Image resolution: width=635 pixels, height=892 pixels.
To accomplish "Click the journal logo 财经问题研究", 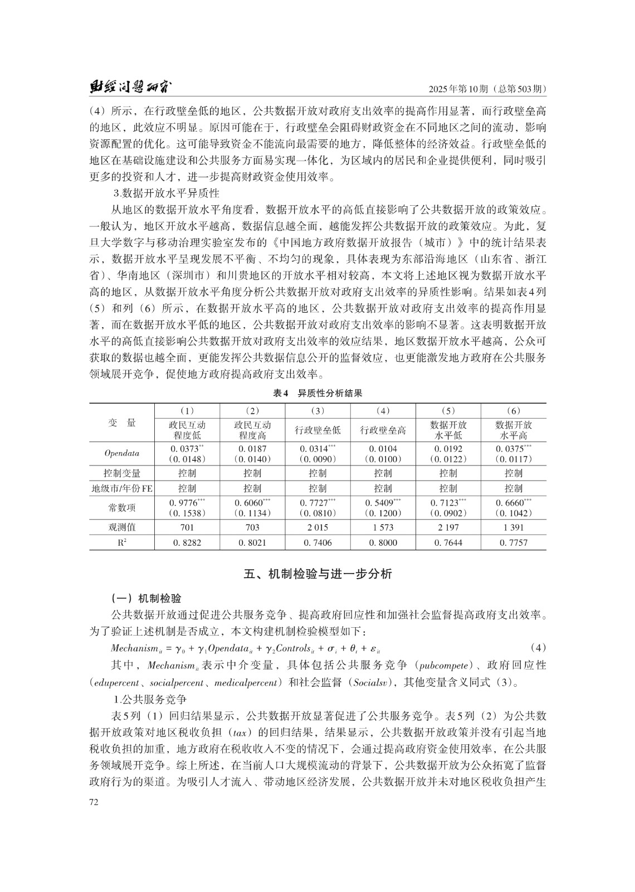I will (130, 88).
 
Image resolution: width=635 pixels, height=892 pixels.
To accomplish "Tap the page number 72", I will (94, 802).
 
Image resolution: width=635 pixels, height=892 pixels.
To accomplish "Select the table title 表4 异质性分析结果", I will (317, 393).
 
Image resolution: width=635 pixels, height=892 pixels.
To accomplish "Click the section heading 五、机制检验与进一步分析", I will (317, 574).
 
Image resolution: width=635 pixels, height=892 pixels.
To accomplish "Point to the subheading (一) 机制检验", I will (146, 599).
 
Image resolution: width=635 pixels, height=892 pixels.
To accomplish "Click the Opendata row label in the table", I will (121, 453).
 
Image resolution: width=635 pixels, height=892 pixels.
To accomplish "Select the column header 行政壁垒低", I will (317, 430).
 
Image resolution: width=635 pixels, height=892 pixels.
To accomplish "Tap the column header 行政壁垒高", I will (383, 430).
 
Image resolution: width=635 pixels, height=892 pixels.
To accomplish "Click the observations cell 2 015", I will (317, 527).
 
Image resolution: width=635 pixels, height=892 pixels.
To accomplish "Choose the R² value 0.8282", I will (187, 542).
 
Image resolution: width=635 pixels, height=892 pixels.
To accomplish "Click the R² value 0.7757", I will (514, 542).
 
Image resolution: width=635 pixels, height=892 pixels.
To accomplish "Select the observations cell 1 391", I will (514, 527).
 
